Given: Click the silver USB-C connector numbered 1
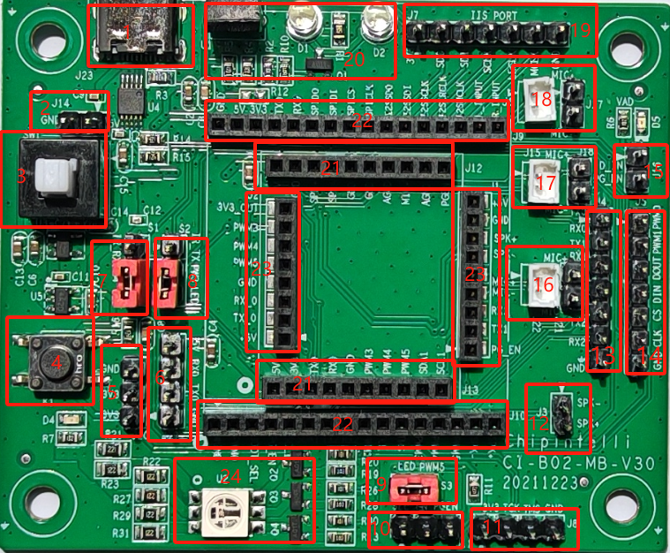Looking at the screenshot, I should coord(141,35).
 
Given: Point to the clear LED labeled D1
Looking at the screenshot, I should coord(301,19).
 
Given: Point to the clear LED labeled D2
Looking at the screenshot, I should coord(375,19).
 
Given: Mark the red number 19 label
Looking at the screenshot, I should coord(579,29).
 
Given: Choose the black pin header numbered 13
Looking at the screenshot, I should coord(602,292).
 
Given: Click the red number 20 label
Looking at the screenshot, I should coord(354,59).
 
